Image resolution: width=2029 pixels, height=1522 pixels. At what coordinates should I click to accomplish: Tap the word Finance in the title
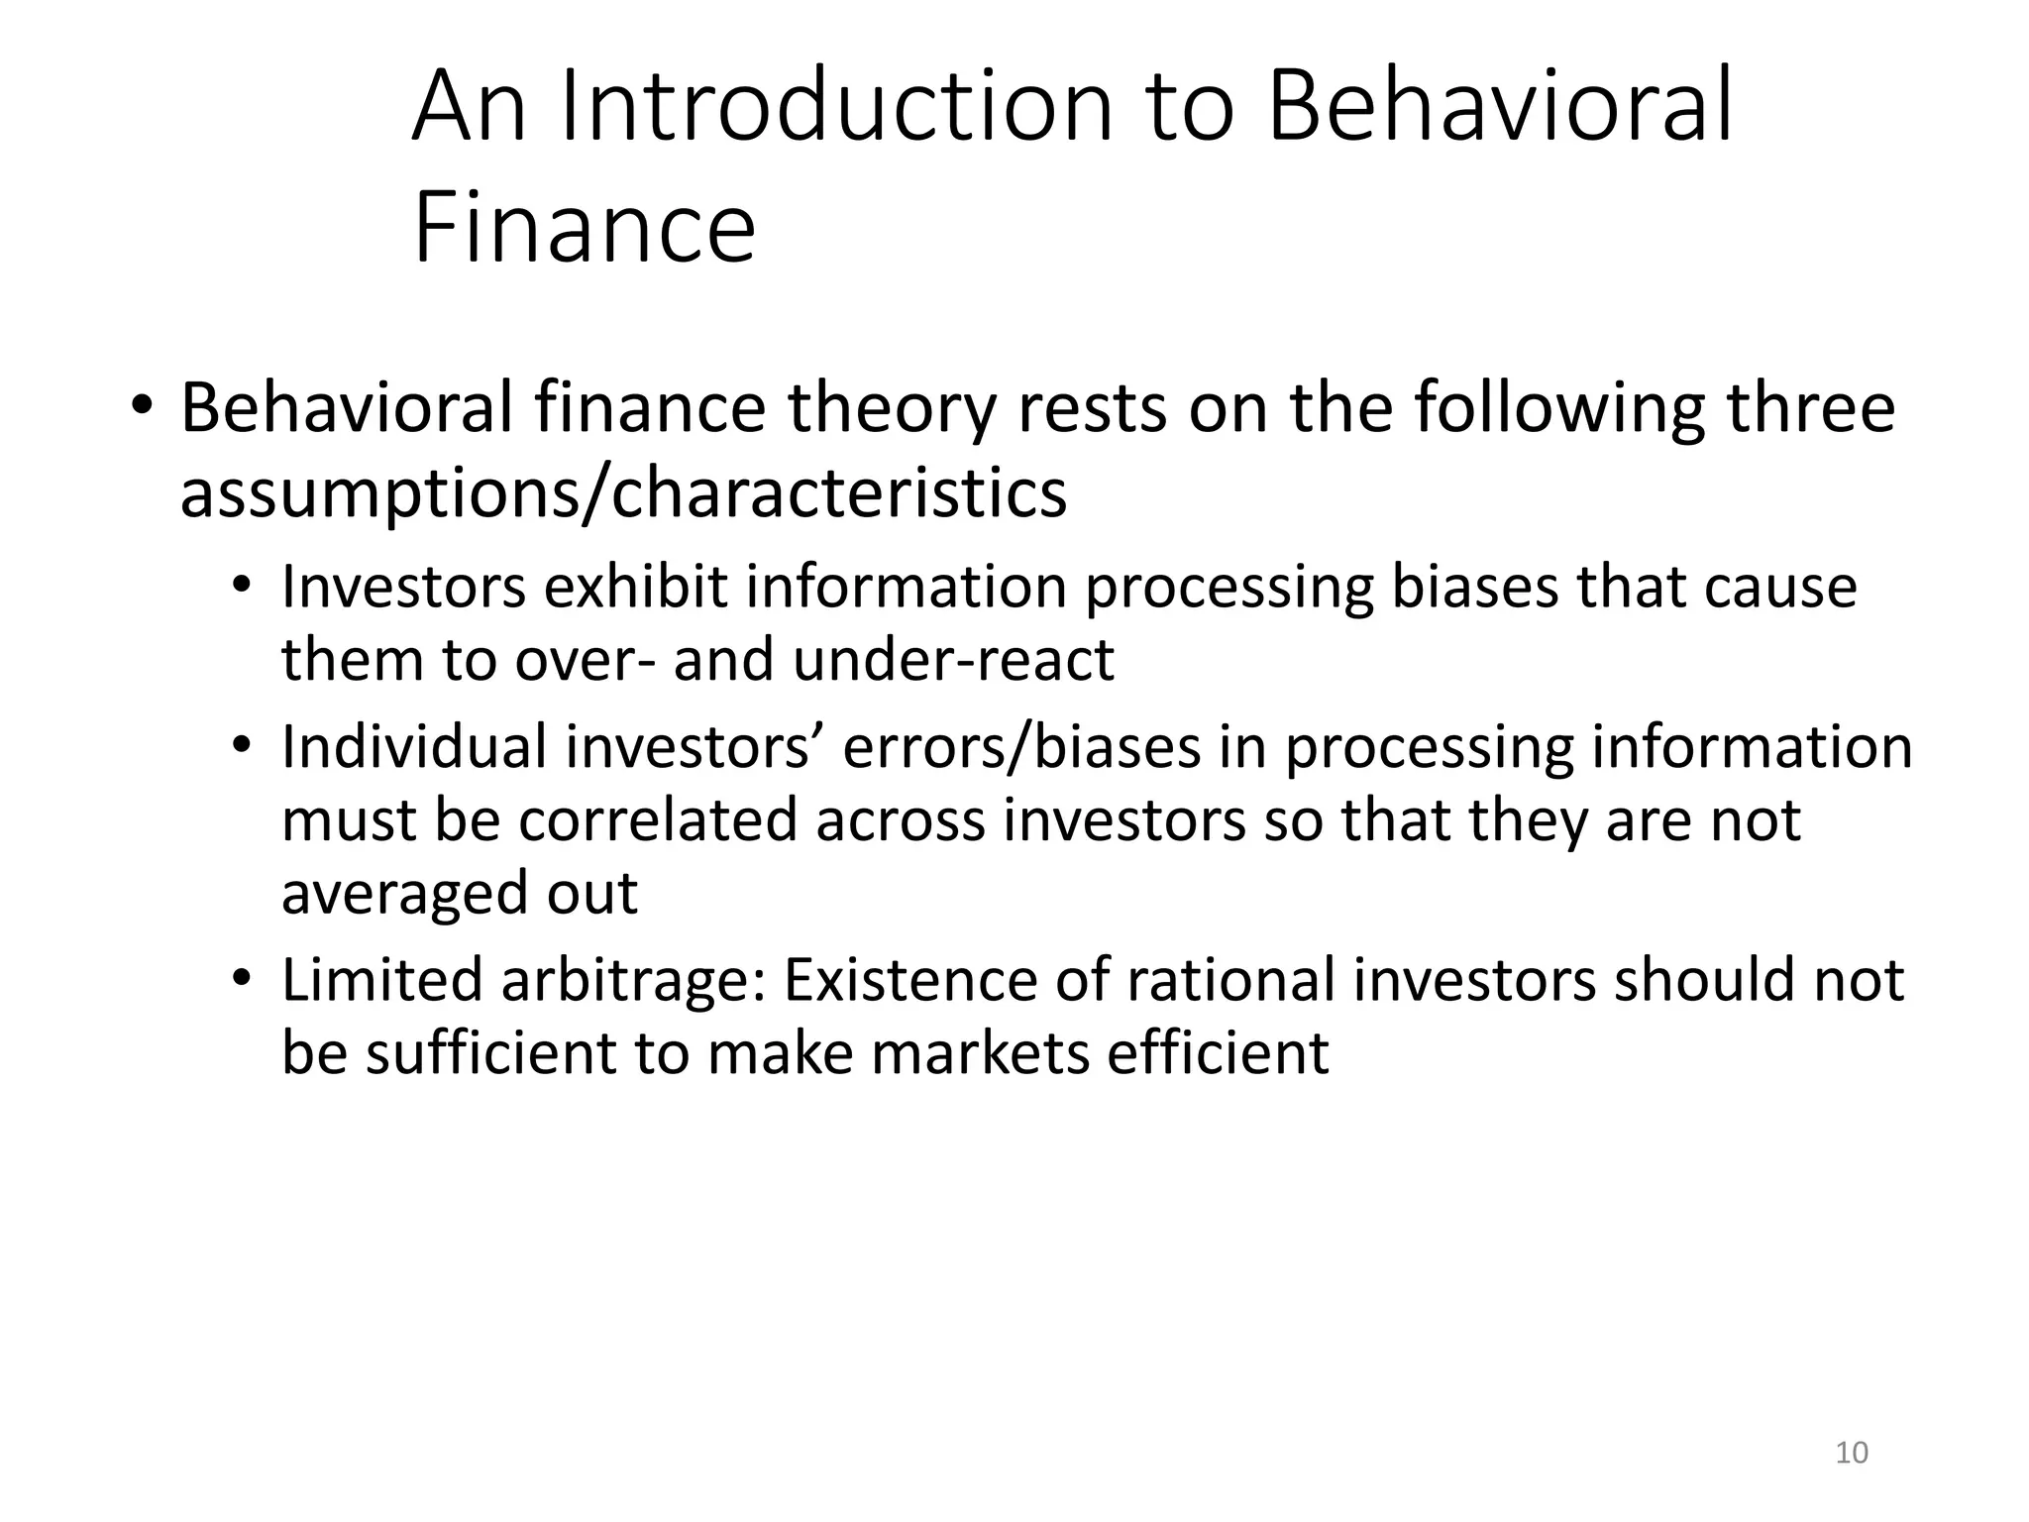click(x=584, y=229)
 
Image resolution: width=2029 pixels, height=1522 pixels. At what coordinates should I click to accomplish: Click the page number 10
click(x=1852, y=1453)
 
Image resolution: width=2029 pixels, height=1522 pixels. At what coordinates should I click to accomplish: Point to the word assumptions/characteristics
click(x=623, y=492)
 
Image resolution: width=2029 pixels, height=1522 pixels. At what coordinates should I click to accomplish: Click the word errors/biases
click(x=1021, y=747)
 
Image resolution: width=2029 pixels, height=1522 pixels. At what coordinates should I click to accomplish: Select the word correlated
click(x=658, y=820)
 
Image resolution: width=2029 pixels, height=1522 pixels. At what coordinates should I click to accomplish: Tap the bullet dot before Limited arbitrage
click(x=242, y=979)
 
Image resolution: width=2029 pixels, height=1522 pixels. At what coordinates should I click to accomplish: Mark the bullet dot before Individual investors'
click(x=242, y=747)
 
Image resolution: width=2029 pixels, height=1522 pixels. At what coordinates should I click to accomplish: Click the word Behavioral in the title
click(x=1500, y=106)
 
